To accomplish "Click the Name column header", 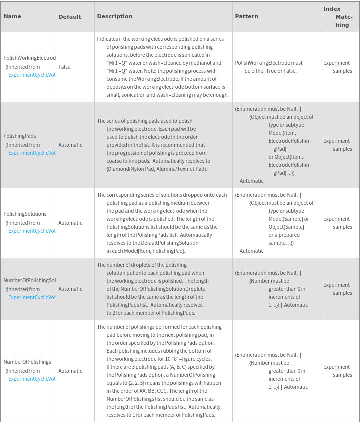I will (12, 16).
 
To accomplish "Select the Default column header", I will (70, 17).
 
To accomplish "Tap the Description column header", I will (115, 16).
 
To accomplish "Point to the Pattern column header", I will (247, 16).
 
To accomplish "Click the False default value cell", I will (64, 67).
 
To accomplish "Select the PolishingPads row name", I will (20, 136).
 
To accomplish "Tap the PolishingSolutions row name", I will (25, 214).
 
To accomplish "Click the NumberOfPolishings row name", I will (27, 362).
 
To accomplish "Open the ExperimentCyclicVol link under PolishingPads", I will (32, 153).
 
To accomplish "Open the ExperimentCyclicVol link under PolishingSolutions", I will (32, 231).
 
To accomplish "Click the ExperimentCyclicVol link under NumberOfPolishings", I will (32, 379).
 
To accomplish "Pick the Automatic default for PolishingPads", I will (70, 145).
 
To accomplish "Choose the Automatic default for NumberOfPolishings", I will (70, 371).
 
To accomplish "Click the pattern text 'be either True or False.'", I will (270, 71).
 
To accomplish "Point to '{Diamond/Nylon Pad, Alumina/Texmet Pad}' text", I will (157, 169).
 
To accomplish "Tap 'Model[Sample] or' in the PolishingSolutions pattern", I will (288, 219).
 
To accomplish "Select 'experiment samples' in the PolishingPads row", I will (338, 145).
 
